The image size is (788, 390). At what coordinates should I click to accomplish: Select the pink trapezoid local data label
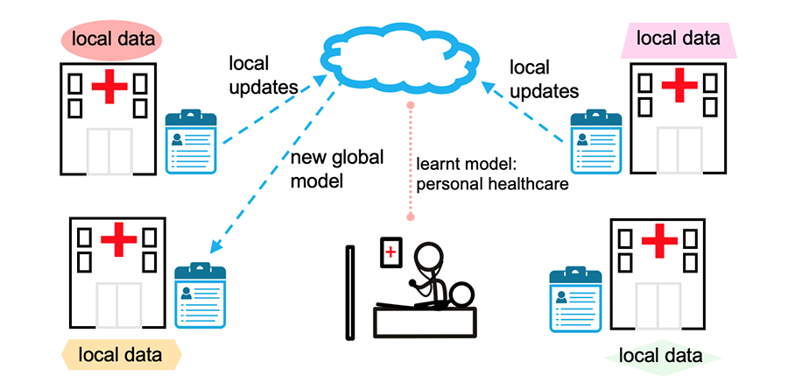pyautogui.click(x=679, y=39)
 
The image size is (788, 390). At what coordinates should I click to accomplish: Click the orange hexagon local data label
pyautogui.click(x=120, y=355)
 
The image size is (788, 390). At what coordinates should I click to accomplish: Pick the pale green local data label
pyautogui.click(x=660, y=356)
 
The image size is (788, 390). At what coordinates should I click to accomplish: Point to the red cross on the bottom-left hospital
pyautogui.click(x=116, y=239)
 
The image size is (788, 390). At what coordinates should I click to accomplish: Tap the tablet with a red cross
pyautogui.click(x=389, y=252)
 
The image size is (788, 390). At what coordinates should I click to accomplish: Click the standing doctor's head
pyautogui.click(x=428, y=259)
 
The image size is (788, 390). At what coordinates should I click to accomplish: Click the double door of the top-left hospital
pyautogui.click(x=109, y=149)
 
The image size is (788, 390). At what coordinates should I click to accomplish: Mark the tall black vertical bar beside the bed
pyautogui.click(x=350, y=293)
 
